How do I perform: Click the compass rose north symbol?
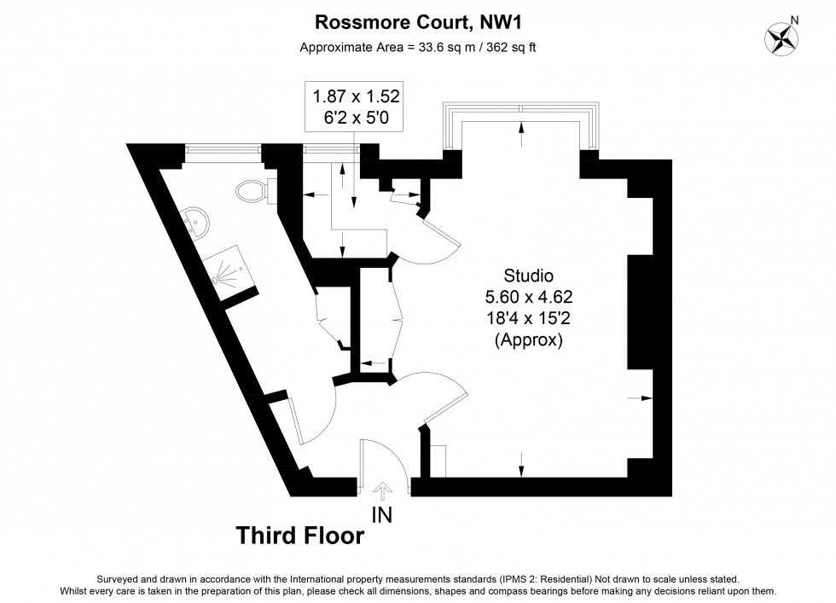click(x=781, y=38)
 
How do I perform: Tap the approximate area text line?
click(x=417, y=47)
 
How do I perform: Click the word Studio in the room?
click(x=528, y=276)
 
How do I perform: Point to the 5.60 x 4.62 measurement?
click(x=528, y=298)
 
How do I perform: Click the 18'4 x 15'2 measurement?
click(x=528, y=319)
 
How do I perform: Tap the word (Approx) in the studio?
click(x=528, y=340)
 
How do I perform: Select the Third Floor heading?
click(x=299, y=536)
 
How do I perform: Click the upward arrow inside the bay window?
click(x=521, y=130)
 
